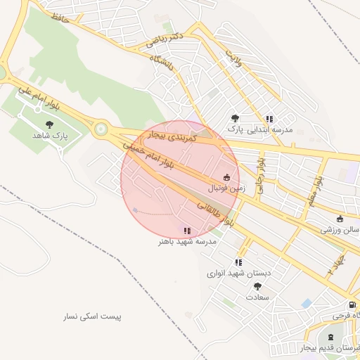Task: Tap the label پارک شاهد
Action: click(49, 135)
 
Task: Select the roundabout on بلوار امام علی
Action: click(101, 129)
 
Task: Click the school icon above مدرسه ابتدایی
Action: click(269, 119)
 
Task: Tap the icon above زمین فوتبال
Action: click(226, 178)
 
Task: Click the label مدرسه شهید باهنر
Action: click(187, 241)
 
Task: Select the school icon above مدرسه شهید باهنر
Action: click(187, 231)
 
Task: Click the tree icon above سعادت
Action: click(257, 287)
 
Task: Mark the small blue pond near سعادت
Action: click(306, 303)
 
